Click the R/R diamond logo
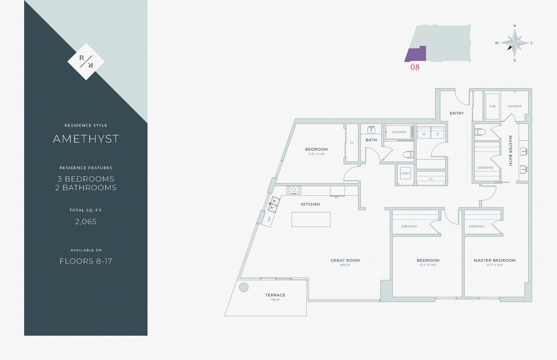pyautogui.click(x=86, y=61)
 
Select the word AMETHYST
pyautogui.click(x=86, y=139)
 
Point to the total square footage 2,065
pyautogui.click(x=86, y=221)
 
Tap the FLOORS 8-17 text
pyautogui.click(x=86, y=261)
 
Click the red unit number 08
pyautogui.click(x=415, y=67)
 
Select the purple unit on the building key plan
pyautogui.click(x=416, y=54)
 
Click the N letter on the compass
pyautogui.click(x=515, y=26)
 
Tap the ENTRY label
pyautogui.click(x=457, y=113)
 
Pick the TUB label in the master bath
pyautogui.click(x=492, y=106)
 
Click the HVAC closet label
pyautogui.click(x=406, y=173)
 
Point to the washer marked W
pyautogui.click(x=424, y=132)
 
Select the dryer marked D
pyautogui.click(x=437, y=132)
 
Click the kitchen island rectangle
pyautogui.click(x=311, y=219)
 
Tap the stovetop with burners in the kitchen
pyautogui.click(x=294, y=190)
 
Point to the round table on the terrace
pyautogui.click(x=244, y=287)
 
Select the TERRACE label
pyautogui.click(x=275, y=295)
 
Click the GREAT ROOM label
pyautogui.click(x=345, y=260)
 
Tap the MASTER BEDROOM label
pyautogui.click(x=495, y=260)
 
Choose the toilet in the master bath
pyautogui.click(x=480, y=132)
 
